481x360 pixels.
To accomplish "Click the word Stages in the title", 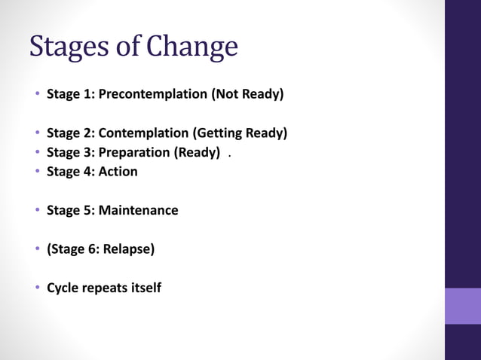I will click(69, 47).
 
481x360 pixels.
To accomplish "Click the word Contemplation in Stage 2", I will click(143, 133).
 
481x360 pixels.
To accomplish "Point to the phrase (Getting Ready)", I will click(240, 133).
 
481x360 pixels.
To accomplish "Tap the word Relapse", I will click(130, 249).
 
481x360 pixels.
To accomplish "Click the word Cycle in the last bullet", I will click(63, 288).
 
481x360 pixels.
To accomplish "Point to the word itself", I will click(144, 288).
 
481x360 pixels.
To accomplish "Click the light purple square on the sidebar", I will click(462, 306).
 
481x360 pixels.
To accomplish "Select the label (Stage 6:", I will click(74, 249).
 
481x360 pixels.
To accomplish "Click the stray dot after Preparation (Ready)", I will click(229, 157).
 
